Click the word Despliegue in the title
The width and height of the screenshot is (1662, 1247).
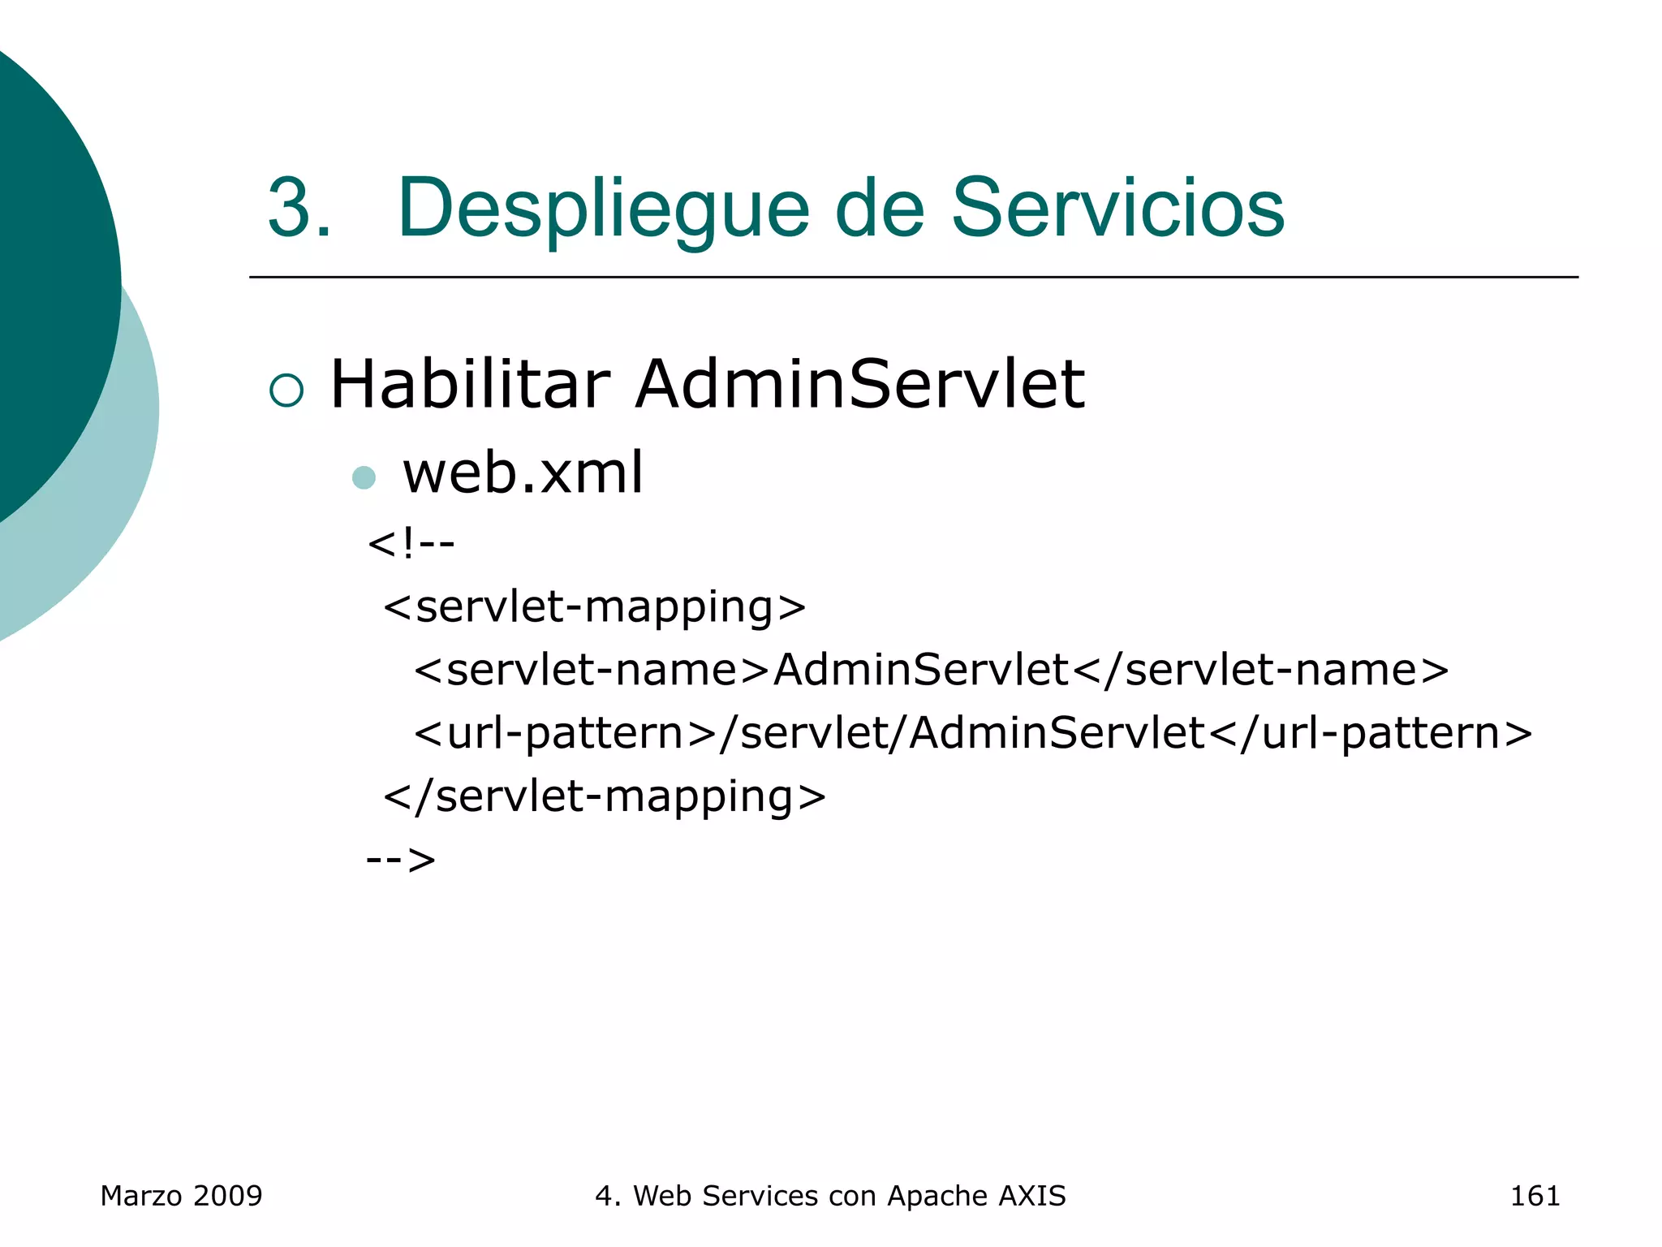pos(603,209)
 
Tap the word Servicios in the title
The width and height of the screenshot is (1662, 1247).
pos(1117,209)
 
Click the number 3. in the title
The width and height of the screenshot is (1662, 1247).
pos(299,209)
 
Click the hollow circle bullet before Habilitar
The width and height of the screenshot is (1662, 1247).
pos(286,390)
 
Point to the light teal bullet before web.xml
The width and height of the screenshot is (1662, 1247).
pos(364,477)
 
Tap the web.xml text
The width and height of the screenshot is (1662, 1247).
pos(523,472)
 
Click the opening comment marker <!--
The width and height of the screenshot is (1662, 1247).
pos(411,543)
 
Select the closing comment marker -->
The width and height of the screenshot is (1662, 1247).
pos(401,859)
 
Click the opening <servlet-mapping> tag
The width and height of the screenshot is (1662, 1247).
pos(594,607)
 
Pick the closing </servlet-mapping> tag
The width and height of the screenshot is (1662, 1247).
pos(605,796)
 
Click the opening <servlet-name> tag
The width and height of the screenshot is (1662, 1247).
pos(592,671)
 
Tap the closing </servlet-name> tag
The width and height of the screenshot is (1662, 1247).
pos(1260,671)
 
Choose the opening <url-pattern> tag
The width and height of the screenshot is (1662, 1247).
pos(566,734)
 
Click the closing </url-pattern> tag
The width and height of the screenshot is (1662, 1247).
pos(1370,734)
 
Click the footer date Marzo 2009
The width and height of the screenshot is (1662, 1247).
pos(181,1196)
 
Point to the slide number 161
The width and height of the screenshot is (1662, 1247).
pos(1535,1196)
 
